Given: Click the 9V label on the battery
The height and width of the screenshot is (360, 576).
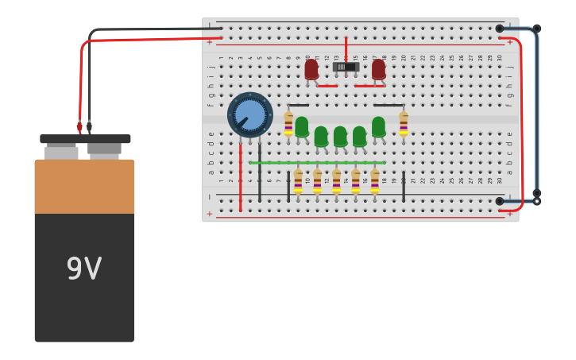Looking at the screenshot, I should (83, 269).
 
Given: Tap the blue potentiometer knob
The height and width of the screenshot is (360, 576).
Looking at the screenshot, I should (249, 114).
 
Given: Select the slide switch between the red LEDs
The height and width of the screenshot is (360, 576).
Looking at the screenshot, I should (346, 67).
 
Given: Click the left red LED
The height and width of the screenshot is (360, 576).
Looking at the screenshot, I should (311, 69).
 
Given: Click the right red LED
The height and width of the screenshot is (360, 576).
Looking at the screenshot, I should (378, 69).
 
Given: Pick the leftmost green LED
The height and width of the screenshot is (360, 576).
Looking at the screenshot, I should (302, 127).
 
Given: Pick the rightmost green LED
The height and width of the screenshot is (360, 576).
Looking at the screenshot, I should (378, 127).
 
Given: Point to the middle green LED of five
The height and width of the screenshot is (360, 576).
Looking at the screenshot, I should (340, 136).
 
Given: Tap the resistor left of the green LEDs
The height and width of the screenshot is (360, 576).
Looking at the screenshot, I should (288, 123).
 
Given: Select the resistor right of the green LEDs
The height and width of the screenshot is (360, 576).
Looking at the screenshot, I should (404, 123).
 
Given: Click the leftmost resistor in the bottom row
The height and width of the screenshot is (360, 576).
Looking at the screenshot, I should (298, 180).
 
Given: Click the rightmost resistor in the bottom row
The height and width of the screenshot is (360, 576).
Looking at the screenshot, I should (374, 180).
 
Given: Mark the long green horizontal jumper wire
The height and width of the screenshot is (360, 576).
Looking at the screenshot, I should (317, 163).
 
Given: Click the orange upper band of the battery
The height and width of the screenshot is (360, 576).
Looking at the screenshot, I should (84, 187).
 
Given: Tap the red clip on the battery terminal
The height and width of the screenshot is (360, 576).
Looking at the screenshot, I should (79, 126).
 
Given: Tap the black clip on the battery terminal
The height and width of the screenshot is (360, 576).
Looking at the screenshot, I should (89, 126).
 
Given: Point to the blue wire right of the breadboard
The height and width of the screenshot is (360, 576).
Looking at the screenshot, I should (537, 111).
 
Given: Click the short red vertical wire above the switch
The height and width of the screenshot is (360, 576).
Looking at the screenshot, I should (346, 48).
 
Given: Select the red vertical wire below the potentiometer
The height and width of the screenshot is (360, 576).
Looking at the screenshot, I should (241, 179).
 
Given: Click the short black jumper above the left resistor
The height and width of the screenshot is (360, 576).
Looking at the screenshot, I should (299, 105).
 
